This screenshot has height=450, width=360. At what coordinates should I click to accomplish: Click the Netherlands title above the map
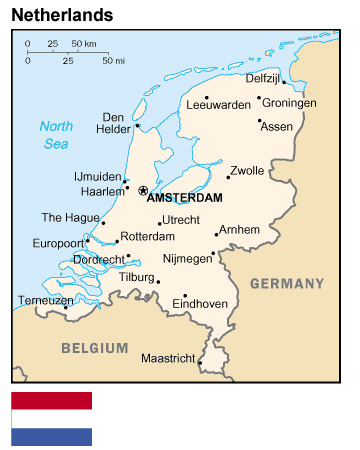coord(61,15)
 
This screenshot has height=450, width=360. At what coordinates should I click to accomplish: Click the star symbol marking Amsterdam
coord(143,190)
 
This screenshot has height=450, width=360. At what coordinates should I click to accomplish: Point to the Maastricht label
coord(167,358)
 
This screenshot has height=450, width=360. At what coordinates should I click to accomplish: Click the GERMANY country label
coord(287,284)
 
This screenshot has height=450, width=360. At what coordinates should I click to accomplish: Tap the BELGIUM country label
coord(94,348)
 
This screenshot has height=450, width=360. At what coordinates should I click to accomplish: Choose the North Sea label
coord(56,134)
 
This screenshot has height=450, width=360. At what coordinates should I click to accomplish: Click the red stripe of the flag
coord(51,401)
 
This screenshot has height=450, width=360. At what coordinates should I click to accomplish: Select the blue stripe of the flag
coord(51,437)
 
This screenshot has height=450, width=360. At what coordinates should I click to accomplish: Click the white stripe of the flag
coord(51,419)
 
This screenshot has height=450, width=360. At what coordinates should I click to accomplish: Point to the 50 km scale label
coord(84,44)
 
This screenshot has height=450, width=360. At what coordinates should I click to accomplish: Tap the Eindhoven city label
coord(200,303)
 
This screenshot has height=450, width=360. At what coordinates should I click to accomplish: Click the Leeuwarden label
coord(218,103)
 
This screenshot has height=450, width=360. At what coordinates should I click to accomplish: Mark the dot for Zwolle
coord(228,177)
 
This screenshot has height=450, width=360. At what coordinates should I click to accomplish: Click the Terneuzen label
coord(44,299)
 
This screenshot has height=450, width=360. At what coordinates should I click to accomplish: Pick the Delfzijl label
coord(265,77)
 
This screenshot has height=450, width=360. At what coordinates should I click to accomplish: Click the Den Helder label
coord(113,122)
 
